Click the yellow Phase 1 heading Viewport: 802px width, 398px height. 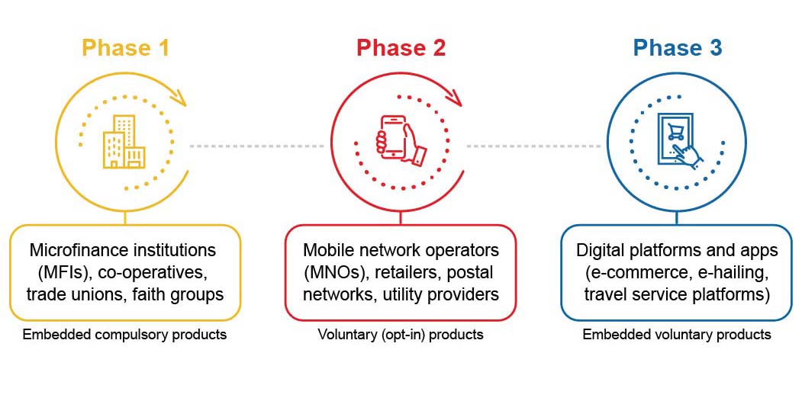125,47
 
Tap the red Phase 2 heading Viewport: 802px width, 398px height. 401,47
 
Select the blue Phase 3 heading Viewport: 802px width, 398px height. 678,47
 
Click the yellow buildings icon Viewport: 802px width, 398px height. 124,142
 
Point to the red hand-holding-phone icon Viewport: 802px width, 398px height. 402,140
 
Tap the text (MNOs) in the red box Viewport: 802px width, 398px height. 335,272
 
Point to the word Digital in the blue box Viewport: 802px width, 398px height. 601,250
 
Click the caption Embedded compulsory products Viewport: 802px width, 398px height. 124,335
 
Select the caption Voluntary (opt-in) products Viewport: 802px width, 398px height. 401,335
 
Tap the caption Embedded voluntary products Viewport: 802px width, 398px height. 677,335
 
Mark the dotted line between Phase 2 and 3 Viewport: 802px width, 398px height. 533,146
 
